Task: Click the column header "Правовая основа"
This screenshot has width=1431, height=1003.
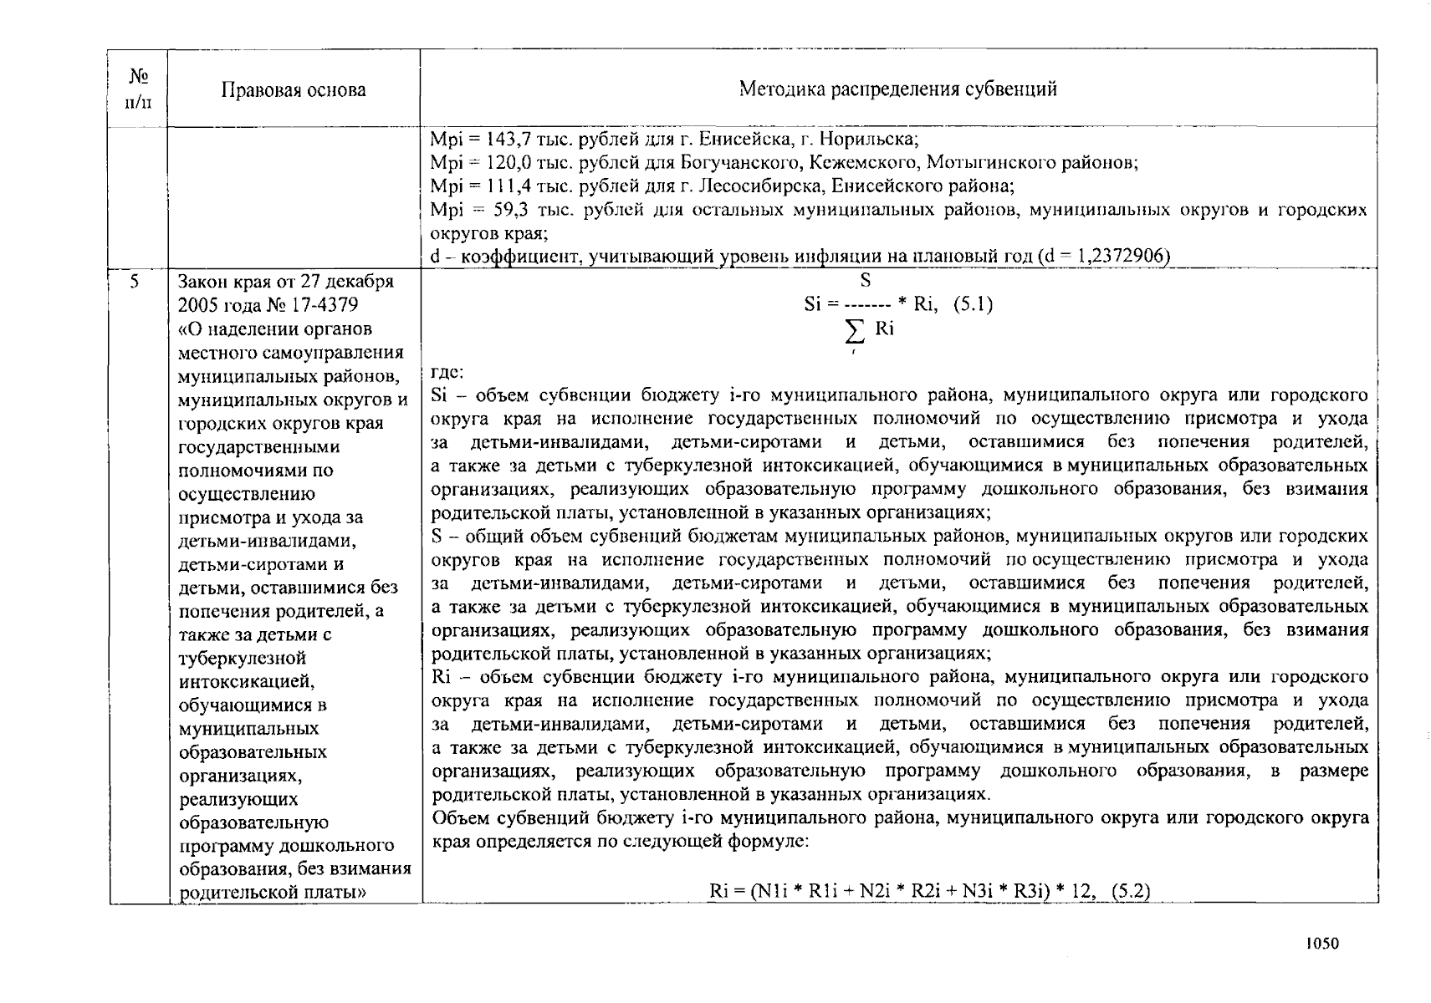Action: (x=293, y=90)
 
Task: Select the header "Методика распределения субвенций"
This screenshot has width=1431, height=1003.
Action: (x=897, y=89)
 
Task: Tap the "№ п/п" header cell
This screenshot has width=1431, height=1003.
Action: (x=138, y=89)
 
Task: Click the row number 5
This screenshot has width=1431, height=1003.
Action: (x=134, y=282)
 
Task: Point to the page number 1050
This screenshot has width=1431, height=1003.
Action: (x=1322, y=944)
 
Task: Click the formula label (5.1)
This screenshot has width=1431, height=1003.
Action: (x=973, y=304)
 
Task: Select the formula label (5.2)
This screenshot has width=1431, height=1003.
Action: (x=1130, y=891)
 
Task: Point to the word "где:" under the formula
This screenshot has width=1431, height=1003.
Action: (x=447, y=372)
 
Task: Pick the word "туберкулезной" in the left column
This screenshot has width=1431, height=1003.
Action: (x=242, y=658)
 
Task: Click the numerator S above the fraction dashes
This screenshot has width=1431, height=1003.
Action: (x=866, y=281)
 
